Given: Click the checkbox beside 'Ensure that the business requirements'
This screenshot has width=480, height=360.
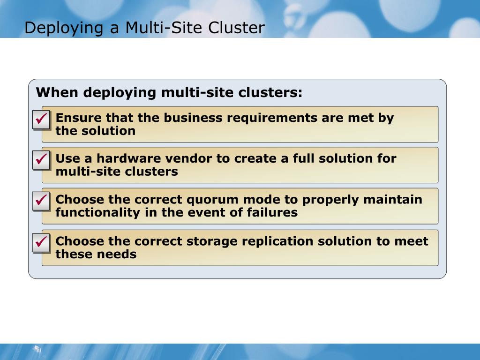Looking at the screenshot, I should point(41,120).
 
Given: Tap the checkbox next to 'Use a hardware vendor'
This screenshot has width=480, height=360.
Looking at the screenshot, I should point(41,160).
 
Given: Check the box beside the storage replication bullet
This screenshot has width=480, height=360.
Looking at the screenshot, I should point(41,243).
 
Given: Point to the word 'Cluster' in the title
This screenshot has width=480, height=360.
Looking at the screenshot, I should point(236,28).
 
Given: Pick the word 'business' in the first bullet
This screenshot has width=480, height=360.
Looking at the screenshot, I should point(193,118).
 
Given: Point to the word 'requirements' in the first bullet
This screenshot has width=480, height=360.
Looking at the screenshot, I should point(272,118).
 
